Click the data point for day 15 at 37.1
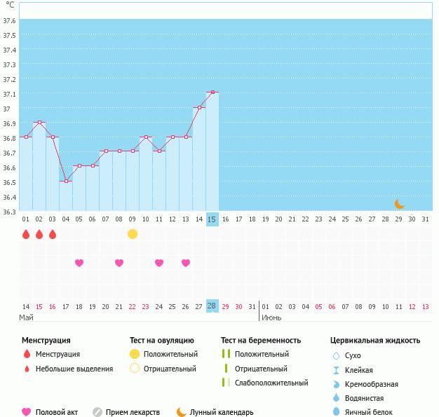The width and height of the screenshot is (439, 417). pyautogui.click(x=212, y=92)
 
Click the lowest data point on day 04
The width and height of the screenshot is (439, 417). pyautogui.click(x=66, y=181)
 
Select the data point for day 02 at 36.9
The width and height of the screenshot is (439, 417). pyautogui.click(x=39, y=123)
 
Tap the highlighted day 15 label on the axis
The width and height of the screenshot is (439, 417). pyautogui.click(x=212, y=219)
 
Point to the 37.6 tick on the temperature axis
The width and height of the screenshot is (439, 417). pyautogui.click(x=9, y=20)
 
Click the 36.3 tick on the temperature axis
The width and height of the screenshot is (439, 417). pyautogui.click(x=9, y=212)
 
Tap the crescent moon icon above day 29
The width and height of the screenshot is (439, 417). pyautogui.click(x=399, y=205)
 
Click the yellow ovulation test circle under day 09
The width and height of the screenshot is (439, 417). pyautogui.click(x=133, y=234)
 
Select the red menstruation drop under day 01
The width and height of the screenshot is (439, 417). pyautogui.click(x=26, y=234)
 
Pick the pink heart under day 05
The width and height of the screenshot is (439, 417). pyautogui.click(x=79, y=263)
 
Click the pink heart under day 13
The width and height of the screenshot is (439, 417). pyautogui.click(x=186, y=263)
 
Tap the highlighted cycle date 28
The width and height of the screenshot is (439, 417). pyautogui.click(x=212, y=306)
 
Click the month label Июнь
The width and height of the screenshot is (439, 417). pyautogui.click(x=271, y=317)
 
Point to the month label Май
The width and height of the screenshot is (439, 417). pyautogui.click(x=26, y=317)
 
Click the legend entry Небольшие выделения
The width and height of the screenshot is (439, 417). pyautogui.click(x=74, y=369)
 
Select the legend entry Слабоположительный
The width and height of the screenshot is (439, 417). pyautogui.click(x=271, y=383)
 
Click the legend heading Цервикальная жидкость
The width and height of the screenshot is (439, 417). pyautogui.click(x=375, y=341)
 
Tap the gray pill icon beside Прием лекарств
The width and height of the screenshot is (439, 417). pyautogui.click(x=98, y=412)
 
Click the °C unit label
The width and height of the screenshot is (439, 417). pyautogui.click(x=9, y=4)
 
